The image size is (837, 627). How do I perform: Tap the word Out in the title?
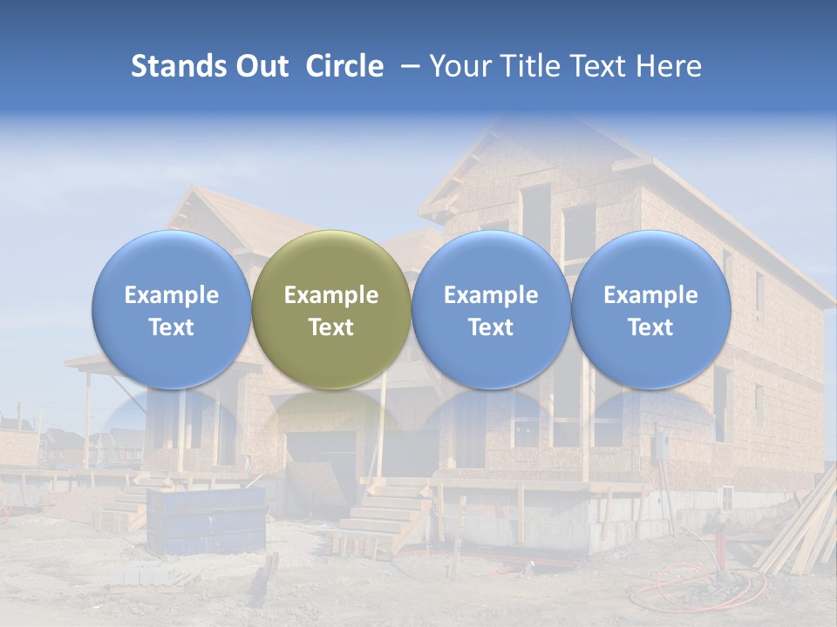(261, 66)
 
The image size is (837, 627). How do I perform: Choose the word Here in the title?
(670, 66)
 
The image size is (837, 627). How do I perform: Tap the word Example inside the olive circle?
(331, 295)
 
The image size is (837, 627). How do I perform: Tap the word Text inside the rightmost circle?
(650, 327)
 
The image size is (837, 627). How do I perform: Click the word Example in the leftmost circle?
(171, 295)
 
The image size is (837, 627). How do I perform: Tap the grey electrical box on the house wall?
(662, 446)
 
